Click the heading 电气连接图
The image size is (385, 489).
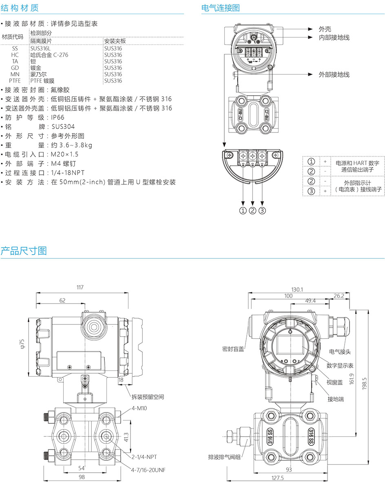(x=221, y=8)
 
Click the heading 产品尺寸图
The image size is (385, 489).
(x=24, y=251)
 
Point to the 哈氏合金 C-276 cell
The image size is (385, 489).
(x=49, y=55)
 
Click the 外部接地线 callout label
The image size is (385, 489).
(x=334, y=75)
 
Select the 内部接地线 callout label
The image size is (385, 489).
(x=334, y=37)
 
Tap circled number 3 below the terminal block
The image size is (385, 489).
(x=262, y=210)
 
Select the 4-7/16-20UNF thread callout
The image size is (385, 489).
(x=148, y=469)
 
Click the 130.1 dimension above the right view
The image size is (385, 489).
(x=296, y=289)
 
